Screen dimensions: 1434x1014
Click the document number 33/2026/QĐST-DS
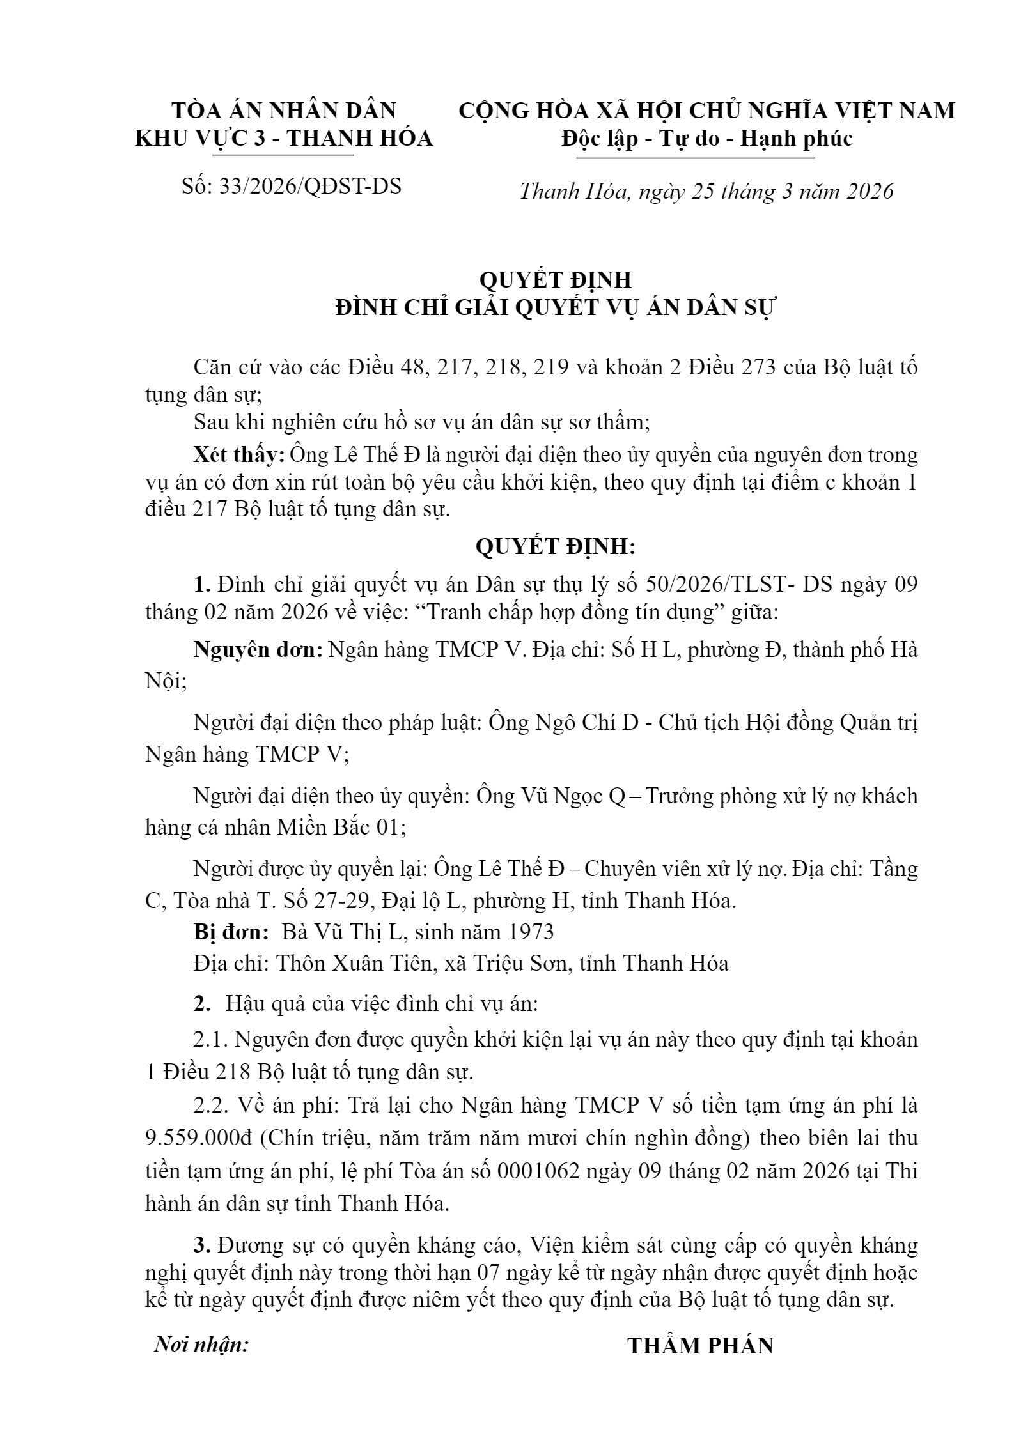pyautogui.click(x=310, y=186)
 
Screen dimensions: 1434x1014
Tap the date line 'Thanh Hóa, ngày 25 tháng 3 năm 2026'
pyautogui.click(x=706, y=191)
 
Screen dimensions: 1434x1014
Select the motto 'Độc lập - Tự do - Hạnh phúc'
pyautogui.click(x=707, y=138)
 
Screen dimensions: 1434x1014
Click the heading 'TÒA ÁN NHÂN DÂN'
pyautogui.click(x=284, y=111)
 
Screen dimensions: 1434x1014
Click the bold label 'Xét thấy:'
pyautogui.click(x=239, y=455)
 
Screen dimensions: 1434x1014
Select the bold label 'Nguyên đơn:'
pyautogui.click(x=258, y=650)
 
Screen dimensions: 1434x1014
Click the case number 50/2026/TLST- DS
pyautogui.click(x=738, y=585)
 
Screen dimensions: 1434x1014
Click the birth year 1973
pyautogui.click(x=527, y=932)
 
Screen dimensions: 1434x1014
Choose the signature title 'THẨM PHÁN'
pyautogui.click(x=700, y=1345)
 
